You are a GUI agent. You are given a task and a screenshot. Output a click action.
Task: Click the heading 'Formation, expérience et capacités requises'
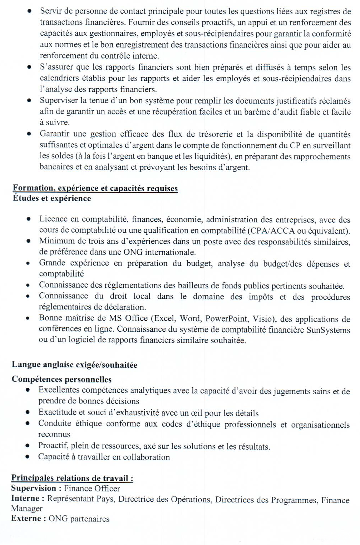coord(95,188)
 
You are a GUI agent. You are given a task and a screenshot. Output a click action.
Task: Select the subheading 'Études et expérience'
coord(52,198)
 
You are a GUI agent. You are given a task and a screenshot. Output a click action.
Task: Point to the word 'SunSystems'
coord(328,330)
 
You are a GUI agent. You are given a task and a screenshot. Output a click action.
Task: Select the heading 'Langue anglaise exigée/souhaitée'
coord(74,365)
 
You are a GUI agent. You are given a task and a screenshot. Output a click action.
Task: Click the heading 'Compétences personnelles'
coord(61,379)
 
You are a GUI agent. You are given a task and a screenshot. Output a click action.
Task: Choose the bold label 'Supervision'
coord(34,488)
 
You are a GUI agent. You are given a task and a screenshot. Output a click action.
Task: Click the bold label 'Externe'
coord(26,519)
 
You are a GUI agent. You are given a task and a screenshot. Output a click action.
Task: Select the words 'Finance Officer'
coord(92,489)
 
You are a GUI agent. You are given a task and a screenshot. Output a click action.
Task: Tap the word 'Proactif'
coord(53,446)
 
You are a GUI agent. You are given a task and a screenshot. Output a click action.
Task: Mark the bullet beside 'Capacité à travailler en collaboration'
coord(28,457)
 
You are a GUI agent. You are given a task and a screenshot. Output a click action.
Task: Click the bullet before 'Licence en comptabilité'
coord(28,219)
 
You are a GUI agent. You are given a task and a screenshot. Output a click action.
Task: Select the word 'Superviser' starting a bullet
coord(58,101)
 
